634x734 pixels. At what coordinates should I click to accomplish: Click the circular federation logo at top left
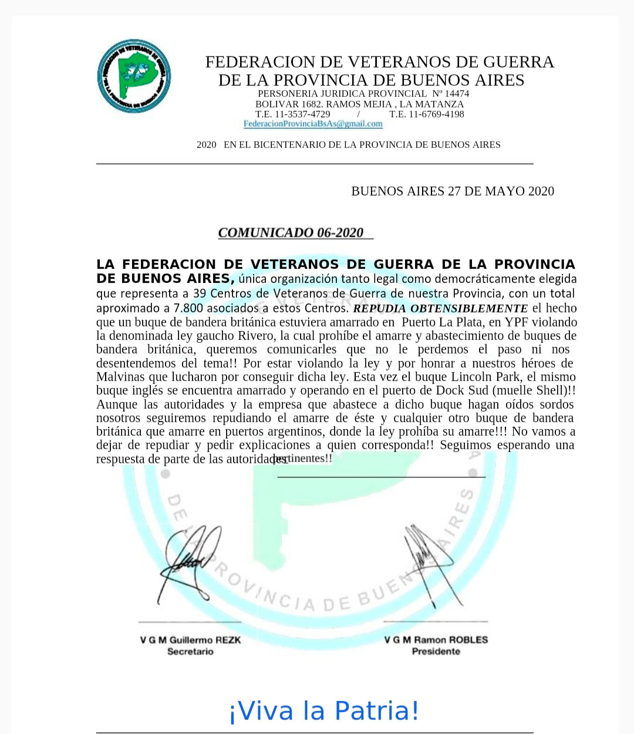point(134,76)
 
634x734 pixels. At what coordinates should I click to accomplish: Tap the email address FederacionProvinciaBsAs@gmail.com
point(313,124)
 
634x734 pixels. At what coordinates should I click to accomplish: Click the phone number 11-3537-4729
point(301,114)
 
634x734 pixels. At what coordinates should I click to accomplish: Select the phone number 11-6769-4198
point(435,114)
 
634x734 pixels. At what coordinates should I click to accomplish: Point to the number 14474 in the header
point(457,93)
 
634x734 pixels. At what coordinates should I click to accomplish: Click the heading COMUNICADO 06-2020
point(291,233)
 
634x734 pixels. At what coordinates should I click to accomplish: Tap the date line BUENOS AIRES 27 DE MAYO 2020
point(452,191)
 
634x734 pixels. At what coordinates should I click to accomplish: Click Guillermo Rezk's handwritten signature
point(187,558)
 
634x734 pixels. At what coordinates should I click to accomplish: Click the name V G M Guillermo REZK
point(190,640)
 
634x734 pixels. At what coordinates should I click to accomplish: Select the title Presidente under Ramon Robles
point(436,652)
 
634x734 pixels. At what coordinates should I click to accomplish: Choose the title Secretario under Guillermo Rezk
point(190,652)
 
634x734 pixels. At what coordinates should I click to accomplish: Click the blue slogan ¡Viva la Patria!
point(323,710)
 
